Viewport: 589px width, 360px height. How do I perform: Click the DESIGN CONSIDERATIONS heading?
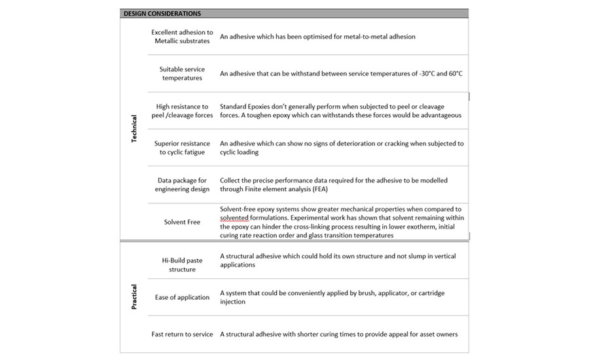click(162, 13)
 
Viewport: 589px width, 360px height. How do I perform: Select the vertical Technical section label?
click(134, 129)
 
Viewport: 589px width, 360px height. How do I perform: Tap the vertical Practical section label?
click(134, 297)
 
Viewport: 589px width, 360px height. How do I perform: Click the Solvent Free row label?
click(182, 222)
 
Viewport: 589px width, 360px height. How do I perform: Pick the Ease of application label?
click(183, 297)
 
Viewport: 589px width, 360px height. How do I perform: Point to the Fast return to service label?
click(182, 334)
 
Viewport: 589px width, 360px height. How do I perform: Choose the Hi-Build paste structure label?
click(182, 264)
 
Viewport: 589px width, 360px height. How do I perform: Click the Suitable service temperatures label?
click(182, 73)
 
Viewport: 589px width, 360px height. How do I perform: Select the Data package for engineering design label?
click(182, 185)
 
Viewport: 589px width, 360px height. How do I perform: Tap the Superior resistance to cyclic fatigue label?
click(182, 147)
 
